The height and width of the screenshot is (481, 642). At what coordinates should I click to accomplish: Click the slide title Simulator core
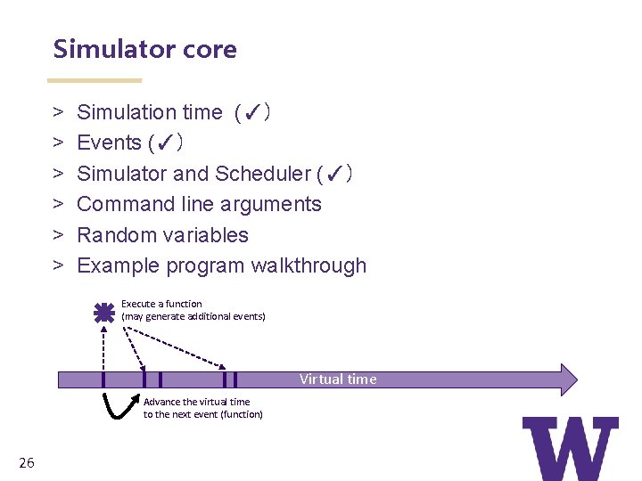pyautogui.click(x=144, y=49)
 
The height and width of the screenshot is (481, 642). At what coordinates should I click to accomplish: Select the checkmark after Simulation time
pyautogui.click(x=251, y=113)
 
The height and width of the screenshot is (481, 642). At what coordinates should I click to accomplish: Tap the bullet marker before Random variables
pyautogui.click(x=57, y=235)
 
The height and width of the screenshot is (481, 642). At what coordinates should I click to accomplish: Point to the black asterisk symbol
pyautogui.click(x=104, y=313)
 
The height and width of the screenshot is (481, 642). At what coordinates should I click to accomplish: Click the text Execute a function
pyautogui.click(x=161, y=304)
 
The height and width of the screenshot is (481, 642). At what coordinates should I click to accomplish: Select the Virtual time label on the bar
pyautogui.click(x=338, y=379)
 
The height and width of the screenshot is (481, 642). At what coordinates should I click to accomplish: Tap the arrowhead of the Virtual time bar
pyautogui.click(x=566, y=379)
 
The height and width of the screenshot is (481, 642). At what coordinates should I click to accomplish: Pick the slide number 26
pyautogui.click(x=26, y=462)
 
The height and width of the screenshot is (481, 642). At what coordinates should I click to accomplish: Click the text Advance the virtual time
pyautogui.click(x=196, y=402)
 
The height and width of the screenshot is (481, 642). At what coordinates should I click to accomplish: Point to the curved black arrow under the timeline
pyautogui.click(x=119, y=405)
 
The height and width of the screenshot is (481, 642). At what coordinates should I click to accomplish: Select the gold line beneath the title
pyautogui.click(x=94, y=80)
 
